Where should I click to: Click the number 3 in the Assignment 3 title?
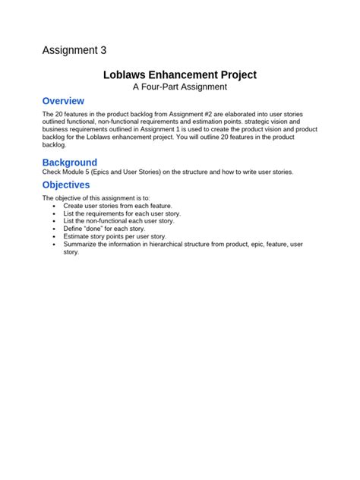point(102,51)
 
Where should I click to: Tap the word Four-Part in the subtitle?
point(169,87)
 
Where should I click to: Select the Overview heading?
point(63,101)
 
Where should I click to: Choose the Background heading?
point(70,163)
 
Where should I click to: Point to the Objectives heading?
point(66,185)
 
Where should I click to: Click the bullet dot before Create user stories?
point(53,206)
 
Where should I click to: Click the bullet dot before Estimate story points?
point(53,236)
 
